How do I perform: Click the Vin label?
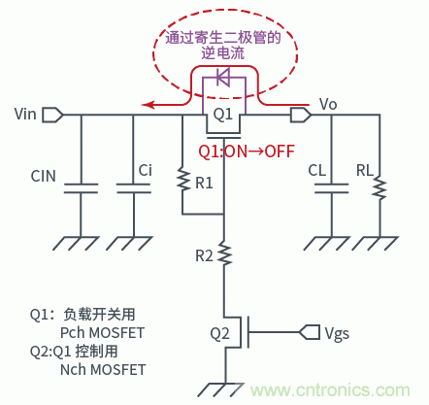tap(27, 115)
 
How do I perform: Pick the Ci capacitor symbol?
tap(131, 187)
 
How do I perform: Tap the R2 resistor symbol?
tap(225, 253)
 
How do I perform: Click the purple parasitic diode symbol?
tap(224, 78)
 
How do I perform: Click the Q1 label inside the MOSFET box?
tap(224, 115)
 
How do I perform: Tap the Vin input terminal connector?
tap(53, 115)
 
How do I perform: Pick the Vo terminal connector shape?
tap(301, 115)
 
